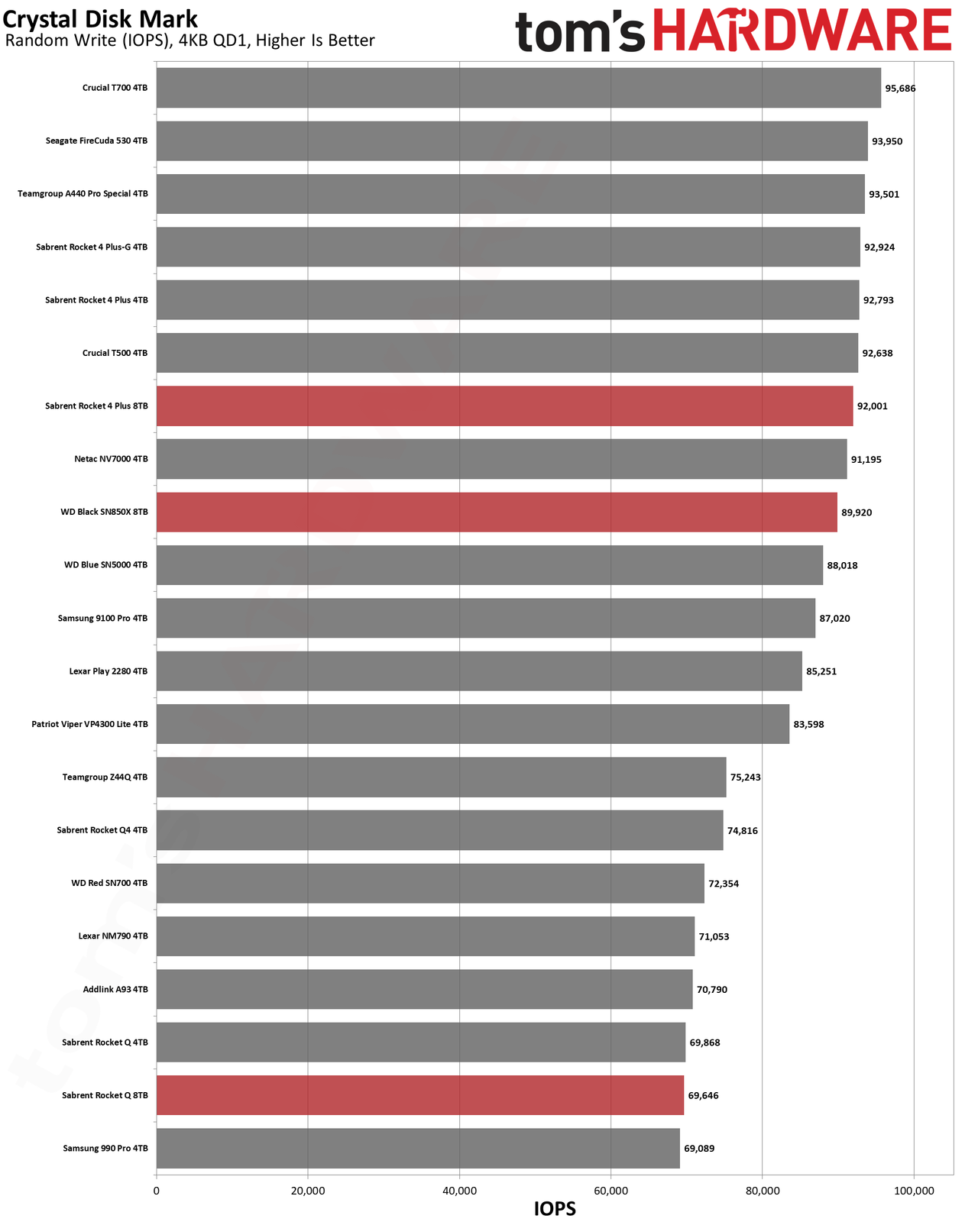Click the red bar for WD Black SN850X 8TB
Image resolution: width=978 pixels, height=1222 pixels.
pyautogui.click(x=497, y=512)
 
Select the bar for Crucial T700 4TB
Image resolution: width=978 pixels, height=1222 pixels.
pyautogui.click(x=519, y=87)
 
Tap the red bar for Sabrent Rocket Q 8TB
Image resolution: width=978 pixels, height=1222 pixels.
pyautogui.click(x=420, y=1094)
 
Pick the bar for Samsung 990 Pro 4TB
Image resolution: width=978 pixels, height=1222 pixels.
pyautogui.click(x=418, y=1148)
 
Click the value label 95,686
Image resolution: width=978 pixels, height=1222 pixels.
pyautogui.click(x=900, y=88)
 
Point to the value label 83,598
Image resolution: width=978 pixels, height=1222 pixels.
pyautogui.click(x=808, y=724)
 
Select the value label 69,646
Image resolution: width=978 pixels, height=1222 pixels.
pyautogui.click(x=703, y=1095)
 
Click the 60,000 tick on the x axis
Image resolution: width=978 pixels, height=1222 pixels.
pyautogui.click(x=611, y=1190)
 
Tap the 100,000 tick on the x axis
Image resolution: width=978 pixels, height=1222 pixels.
pyautogui.click(x=914, y=1190)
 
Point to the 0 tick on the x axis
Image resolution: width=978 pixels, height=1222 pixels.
pyautogui.click(x=157, y=1190)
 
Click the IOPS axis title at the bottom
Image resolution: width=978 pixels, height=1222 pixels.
pyautogui.click(x=555, y=1209)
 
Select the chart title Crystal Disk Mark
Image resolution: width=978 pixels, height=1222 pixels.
pyautogui.click(x=100, y=19)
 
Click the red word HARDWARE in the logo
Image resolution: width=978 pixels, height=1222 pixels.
pyautogui.click(x=802, y=30)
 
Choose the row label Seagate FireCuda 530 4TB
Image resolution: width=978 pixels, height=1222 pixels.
pyautogui.click(x=96, y=141)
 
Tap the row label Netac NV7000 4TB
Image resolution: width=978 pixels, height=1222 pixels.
pyautogui.click(x=111, y=459)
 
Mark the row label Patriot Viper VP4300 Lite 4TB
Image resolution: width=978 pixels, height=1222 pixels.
pyautogui.click(x=90, y=724)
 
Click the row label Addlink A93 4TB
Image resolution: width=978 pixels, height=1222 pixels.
pyautogui.click(x=115, y=989)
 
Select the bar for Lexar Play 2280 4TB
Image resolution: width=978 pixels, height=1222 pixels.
pyautogui.click(x=479, y=671)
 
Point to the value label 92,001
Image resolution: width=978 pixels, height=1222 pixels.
pyautogui.click(x=873, y=406)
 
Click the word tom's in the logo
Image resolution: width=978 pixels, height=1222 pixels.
pyautogui.click(x=580, y=32)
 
